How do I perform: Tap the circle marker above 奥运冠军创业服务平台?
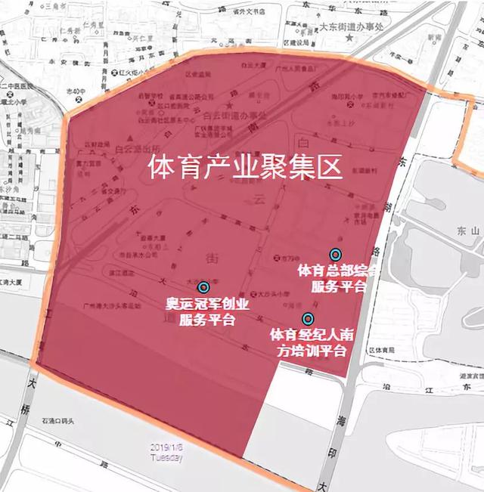[203, 287]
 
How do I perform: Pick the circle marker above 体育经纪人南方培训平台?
[308, 318]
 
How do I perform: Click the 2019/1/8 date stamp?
[166, 447]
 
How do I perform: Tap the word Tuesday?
[166, 456]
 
